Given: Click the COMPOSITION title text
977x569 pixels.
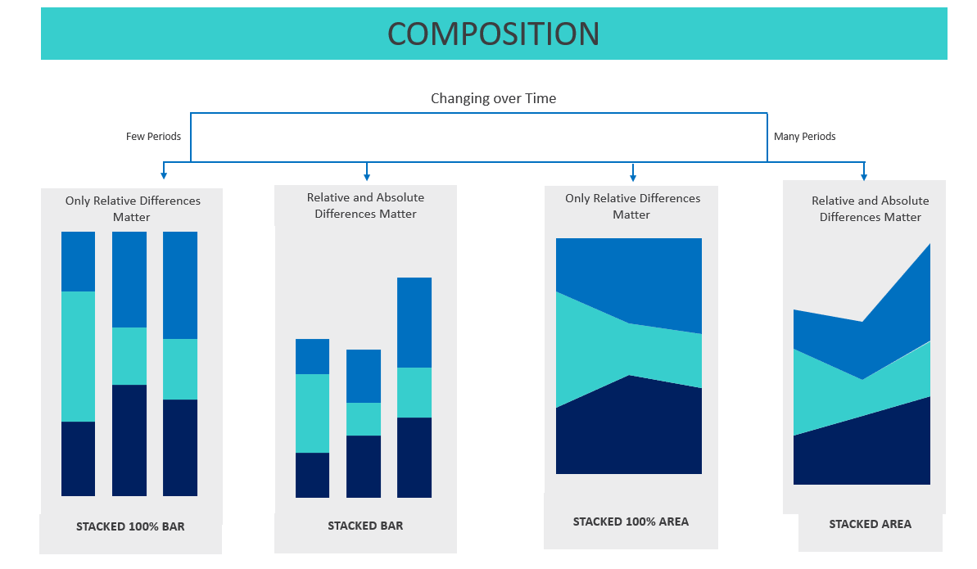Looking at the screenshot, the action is click(493, 34).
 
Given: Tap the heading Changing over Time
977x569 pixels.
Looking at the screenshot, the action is click(494, 98).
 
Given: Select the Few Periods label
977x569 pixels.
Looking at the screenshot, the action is click(153, 137).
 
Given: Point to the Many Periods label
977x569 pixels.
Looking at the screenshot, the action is click(804, 137).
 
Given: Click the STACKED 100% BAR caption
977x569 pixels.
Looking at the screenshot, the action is click(130, 526).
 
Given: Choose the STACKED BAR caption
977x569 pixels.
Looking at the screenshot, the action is click(365, 526).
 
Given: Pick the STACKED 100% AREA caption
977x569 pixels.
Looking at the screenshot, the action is click(631, 522).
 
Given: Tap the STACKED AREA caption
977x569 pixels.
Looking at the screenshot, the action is click(870, 524).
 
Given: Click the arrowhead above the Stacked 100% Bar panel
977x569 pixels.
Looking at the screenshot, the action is click(164, 175).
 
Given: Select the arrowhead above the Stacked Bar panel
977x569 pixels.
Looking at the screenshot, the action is click(367, 176).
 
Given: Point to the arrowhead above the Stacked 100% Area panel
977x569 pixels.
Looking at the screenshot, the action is click(633, 177).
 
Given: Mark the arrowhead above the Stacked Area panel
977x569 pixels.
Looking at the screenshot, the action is click(864, 176).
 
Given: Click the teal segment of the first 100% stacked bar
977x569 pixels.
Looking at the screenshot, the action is click(78, 356).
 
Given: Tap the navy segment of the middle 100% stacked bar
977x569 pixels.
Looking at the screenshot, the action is click(129, 440).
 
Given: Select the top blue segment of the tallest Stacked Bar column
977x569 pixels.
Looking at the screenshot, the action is click(414, 323).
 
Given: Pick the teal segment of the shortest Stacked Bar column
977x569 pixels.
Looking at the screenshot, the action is click(364, 419).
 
